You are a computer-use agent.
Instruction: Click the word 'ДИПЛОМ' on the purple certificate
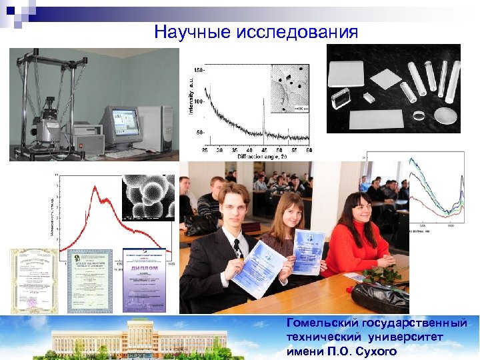coord(145,267)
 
